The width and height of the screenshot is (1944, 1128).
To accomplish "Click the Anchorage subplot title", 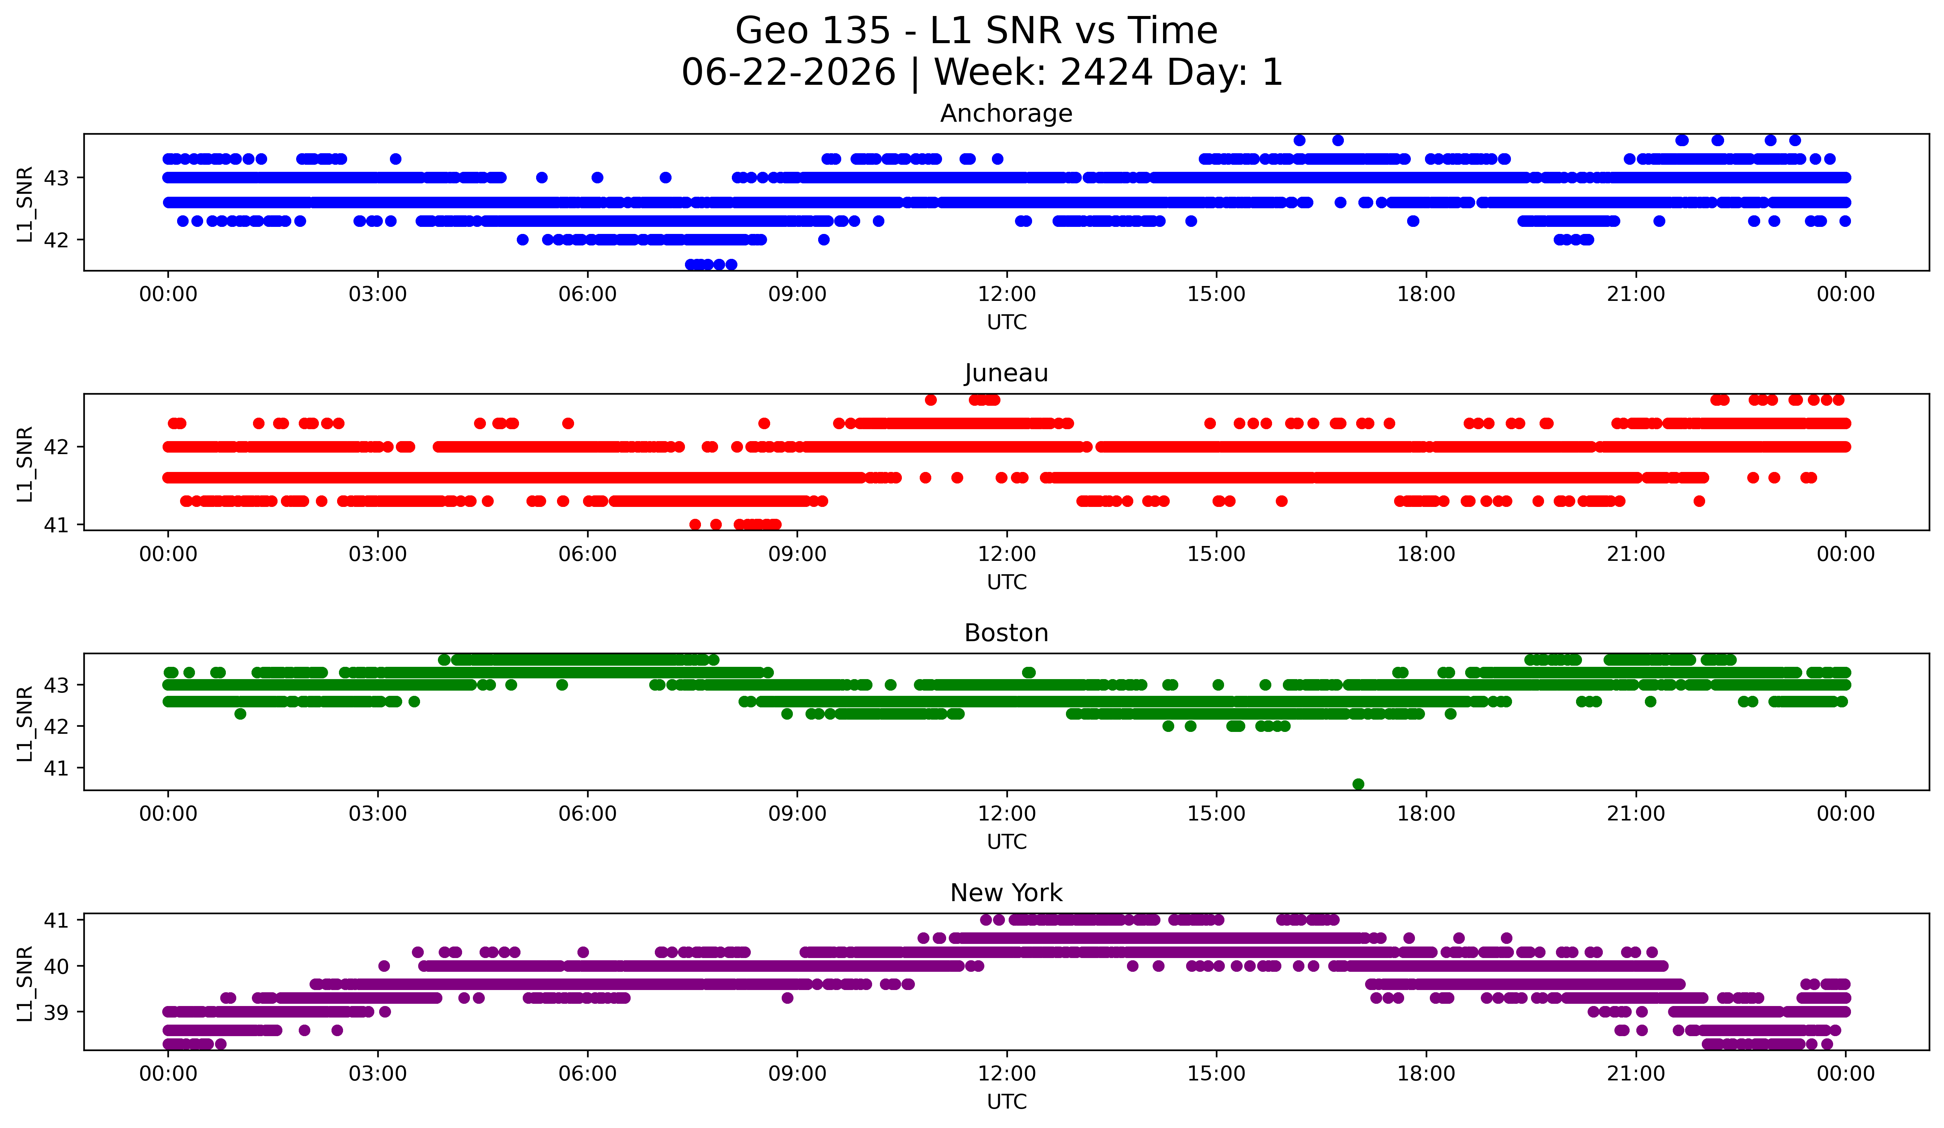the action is point(1006,113).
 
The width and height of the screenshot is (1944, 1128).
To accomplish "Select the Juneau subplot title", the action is point(1006,373).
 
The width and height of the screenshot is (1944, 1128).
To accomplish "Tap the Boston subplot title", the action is point(1006,633).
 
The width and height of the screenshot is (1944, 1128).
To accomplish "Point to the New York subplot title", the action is point(1006,893).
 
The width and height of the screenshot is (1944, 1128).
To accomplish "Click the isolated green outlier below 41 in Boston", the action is point(1358,784).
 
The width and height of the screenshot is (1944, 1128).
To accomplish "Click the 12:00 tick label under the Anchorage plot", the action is point(1007,295).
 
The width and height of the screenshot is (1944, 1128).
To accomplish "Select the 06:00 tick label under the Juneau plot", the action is point(588,555).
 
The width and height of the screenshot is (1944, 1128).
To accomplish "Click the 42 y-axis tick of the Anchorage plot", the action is point(56,240).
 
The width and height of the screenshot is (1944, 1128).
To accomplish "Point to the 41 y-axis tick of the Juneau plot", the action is point(56,525).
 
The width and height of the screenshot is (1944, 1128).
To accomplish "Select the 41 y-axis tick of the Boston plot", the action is point(56,768).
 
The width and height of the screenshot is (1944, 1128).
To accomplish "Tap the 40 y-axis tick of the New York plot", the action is point(56,966).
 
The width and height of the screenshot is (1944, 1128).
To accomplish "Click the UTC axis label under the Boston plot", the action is point(1007,842).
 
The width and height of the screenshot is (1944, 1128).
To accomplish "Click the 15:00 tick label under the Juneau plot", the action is point(1217,555).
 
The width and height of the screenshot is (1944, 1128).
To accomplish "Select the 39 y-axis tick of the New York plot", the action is point(56,1012).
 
